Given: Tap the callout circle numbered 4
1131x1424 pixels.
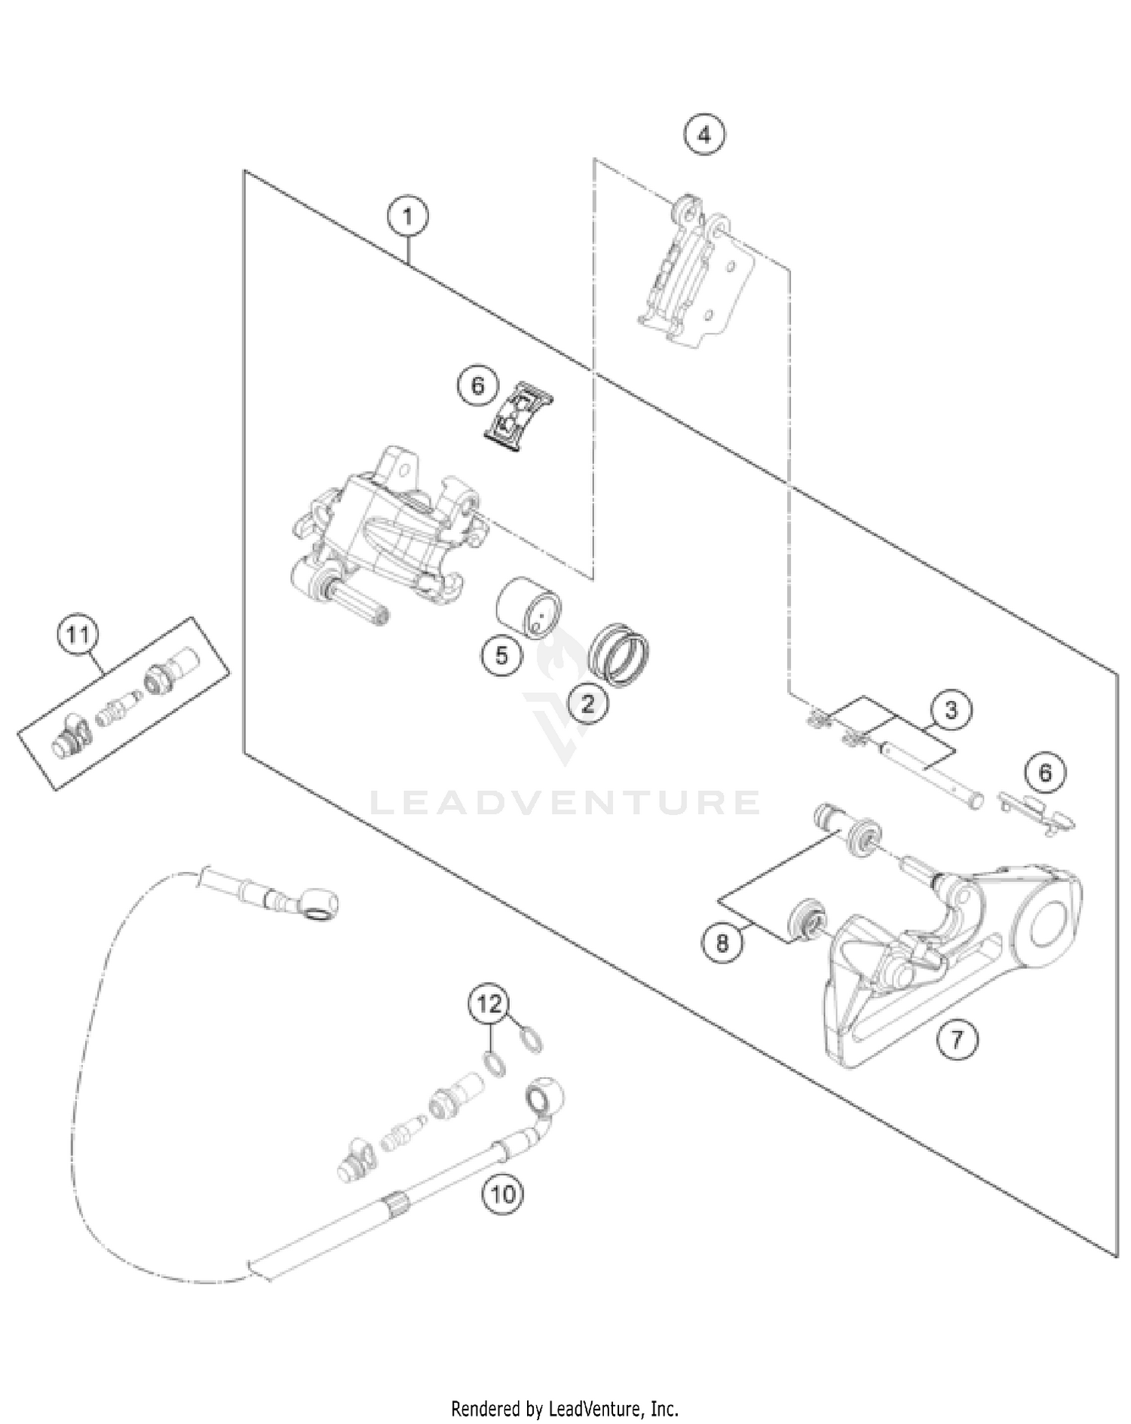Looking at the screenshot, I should point(703,136).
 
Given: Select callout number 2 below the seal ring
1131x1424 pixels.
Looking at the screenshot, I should point(587,704).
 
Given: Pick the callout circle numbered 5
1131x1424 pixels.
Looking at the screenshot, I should point(502,655).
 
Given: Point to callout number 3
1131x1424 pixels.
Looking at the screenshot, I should point(951,710).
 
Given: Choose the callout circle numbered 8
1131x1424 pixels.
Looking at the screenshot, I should point(722,942).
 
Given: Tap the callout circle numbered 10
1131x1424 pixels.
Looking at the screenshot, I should point(504,1194).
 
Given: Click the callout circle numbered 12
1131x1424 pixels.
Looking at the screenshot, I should point(489,1004).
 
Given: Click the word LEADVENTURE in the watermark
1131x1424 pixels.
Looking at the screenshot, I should point(564,802).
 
